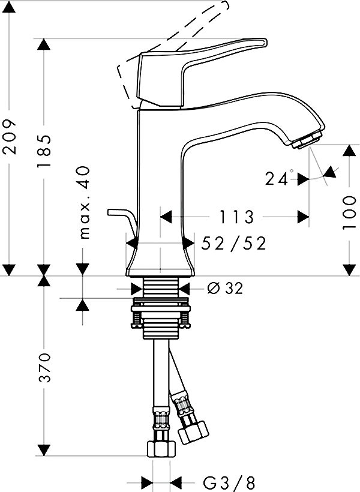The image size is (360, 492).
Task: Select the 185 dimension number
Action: (44, 151)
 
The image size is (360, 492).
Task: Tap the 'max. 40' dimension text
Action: (84, 202)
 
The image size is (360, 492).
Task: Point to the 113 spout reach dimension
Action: (236, 217)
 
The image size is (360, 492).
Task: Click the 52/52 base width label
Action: (234, 244)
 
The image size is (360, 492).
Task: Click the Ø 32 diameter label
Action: (226, 288)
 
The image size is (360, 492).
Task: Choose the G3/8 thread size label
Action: (229, 483)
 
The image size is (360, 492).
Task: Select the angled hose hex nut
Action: (194, 433)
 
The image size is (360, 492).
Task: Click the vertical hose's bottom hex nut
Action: (161, 449)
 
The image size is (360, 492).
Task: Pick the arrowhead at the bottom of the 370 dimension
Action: (44, 450)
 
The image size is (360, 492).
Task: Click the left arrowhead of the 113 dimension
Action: (166, 217)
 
